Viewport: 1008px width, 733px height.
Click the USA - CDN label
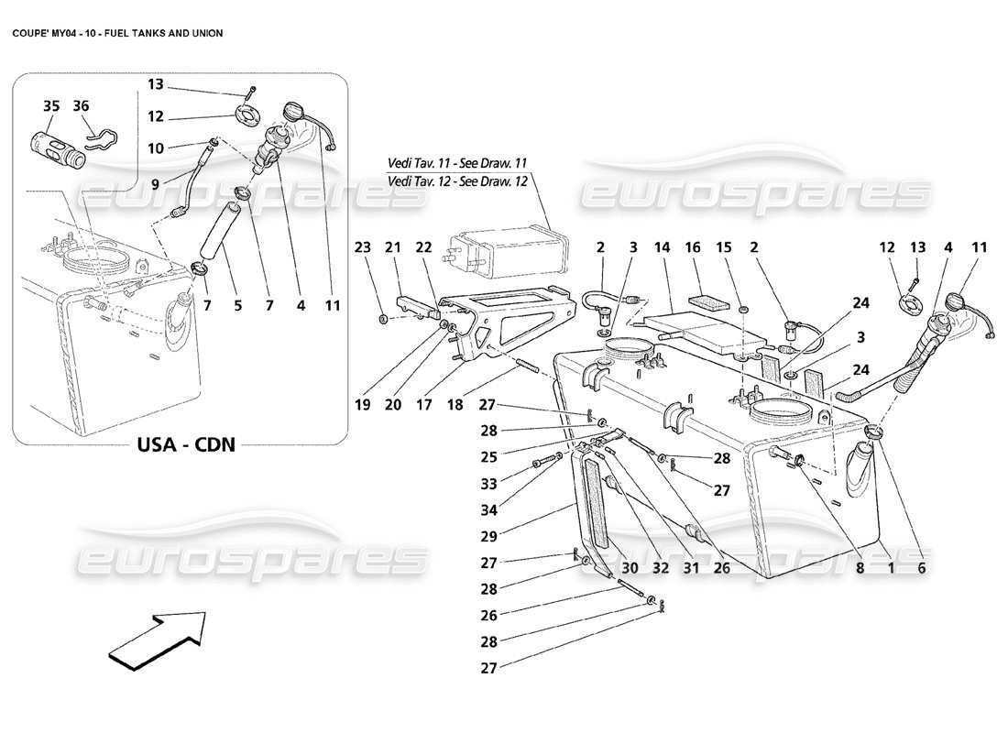point(187,444)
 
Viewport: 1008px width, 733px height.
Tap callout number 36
point(81,106)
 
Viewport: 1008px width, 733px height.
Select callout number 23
point(364,246)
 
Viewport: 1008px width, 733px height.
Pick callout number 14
point(663,246)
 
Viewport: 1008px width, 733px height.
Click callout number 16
point(692,246)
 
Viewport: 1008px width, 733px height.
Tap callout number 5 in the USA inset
point(237,305)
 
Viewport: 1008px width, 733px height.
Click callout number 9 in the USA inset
point(156,183)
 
